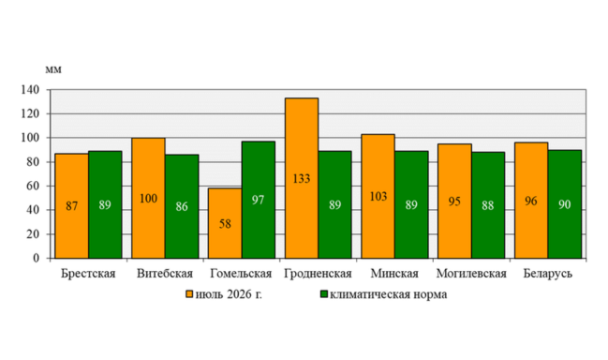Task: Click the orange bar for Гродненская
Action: point(302,178)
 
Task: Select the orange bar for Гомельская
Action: point(225,223)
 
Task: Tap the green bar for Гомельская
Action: point(259,200)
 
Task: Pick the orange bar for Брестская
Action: point(72,206)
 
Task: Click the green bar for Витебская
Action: point(182,206)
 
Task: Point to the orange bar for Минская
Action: point(378,196)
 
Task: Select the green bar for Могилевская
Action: point(488,205)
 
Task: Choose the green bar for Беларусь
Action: point(565,204)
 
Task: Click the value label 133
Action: point(302,179)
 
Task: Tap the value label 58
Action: point(225,224)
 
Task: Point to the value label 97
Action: point(258,200)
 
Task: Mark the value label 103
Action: point(378,197)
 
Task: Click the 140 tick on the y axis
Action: point(30,90)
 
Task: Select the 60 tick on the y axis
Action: point(33,186)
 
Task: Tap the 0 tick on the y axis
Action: point(36,259)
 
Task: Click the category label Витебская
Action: point(165,274)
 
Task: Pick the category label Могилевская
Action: point(471,274)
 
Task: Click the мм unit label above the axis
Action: point(53,69)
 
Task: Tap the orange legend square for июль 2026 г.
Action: point(189,294)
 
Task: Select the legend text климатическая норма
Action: point(389,294)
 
